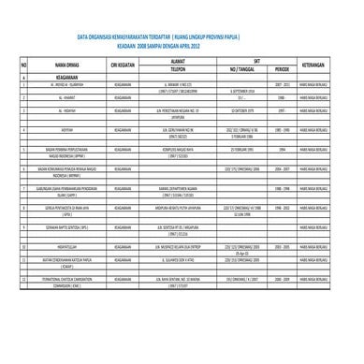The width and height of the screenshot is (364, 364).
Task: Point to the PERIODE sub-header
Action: tap(281, 70)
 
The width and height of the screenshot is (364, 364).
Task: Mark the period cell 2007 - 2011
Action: tap(281, 84)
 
